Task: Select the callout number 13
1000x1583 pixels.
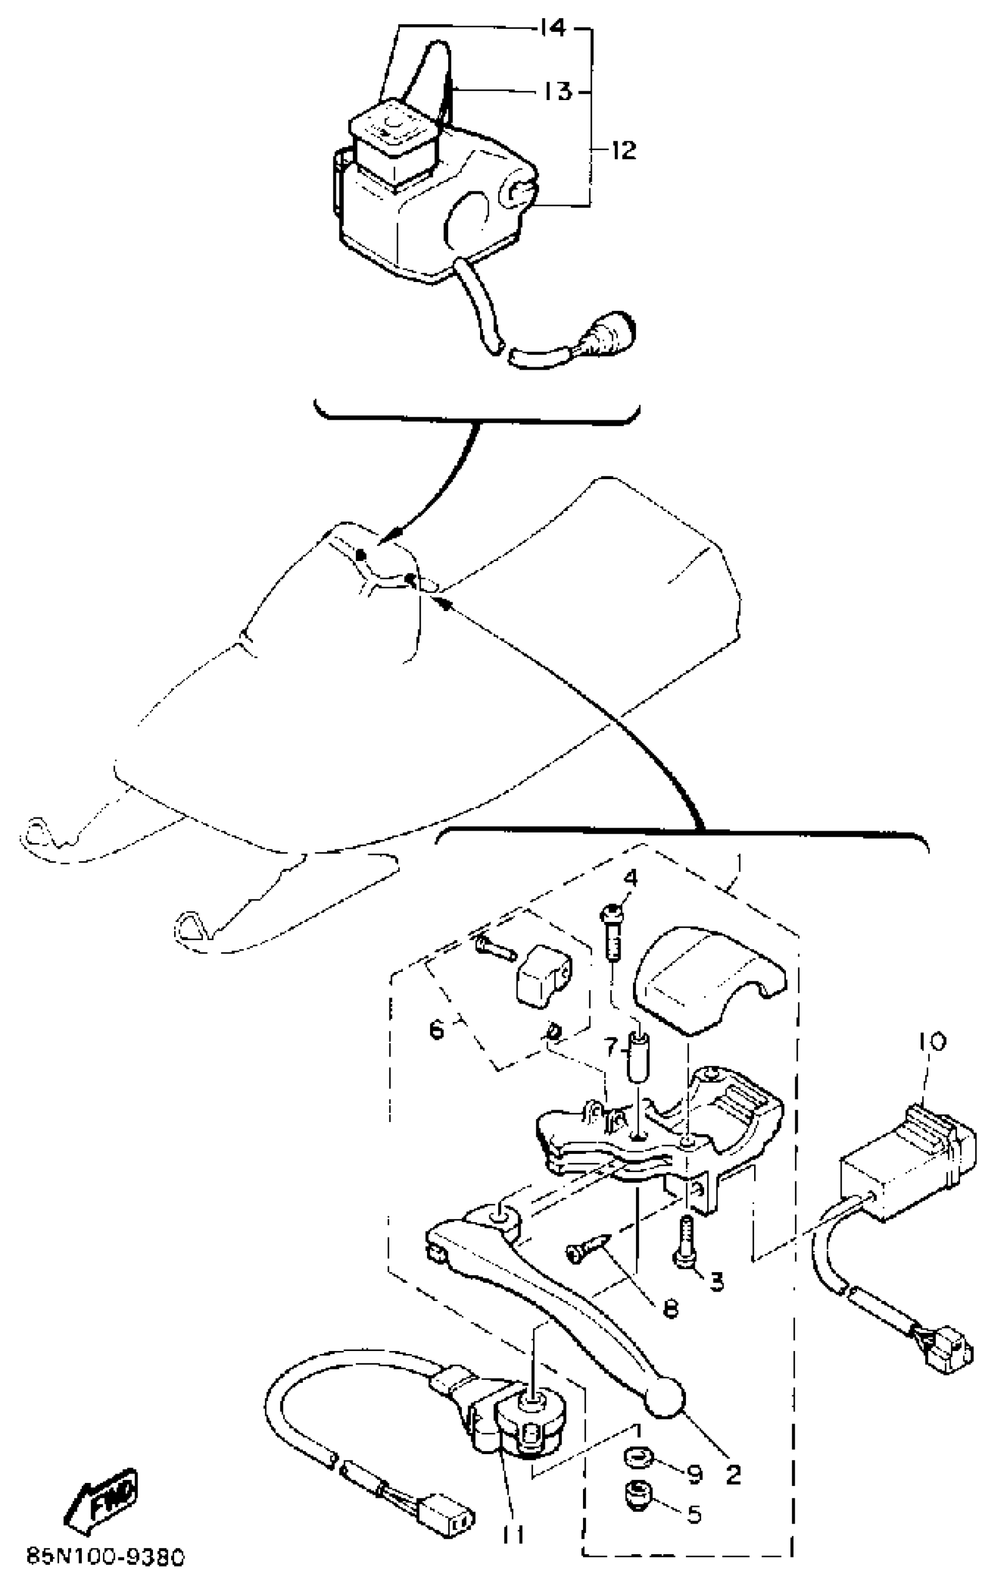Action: point(558,91)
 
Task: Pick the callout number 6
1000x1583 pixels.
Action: point(437,1029)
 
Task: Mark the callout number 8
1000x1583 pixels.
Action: point(670,1308)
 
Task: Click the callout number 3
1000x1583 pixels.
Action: point(715,1280)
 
